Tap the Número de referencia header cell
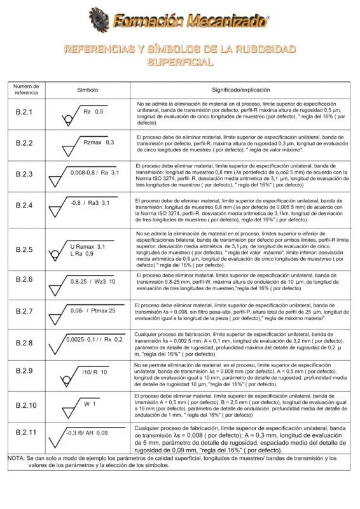pyautogui.click(x=27, y=90)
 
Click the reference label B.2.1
pyautogui.click(x=24, y=113)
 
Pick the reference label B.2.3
pyautogui.click(x=24, y=174)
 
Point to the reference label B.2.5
pyautogui.click(x=24, y=249)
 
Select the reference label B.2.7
pyautogui.click(x=24, y=311)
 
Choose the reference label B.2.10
pyautogui.click(x=26, y=405)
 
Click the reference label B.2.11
pyautogui.click(x=26, y=433)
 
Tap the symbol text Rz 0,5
pyautogui.click(x=93, y=111)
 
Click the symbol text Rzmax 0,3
pyautogui.click(x=99, y=142)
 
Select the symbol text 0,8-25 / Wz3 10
pyautogui.click(x=93, y=281)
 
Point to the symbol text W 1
pyautogui.click(x=90, y=404)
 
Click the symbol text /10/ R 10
pyautogui.click(x=94, y=372)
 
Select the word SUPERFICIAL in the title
pyautogui.click(x=180, y=62)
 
